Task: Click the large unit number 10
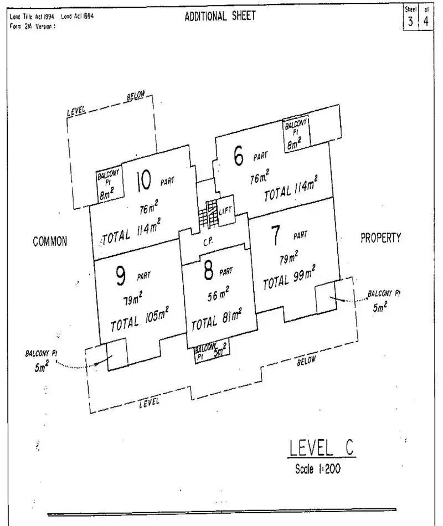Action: tap(143, 180)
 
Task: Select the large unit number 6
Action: tap(239, 157)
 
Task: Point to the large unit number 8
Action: tap(208, 271)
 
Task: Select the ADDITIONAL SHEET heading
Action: tap(220, 16)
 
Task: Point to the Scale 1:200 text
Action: tap(318, 468)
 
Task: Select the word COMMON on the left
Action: tap(50, 241)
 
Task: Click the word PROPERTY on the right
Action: tap(380, 238)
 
